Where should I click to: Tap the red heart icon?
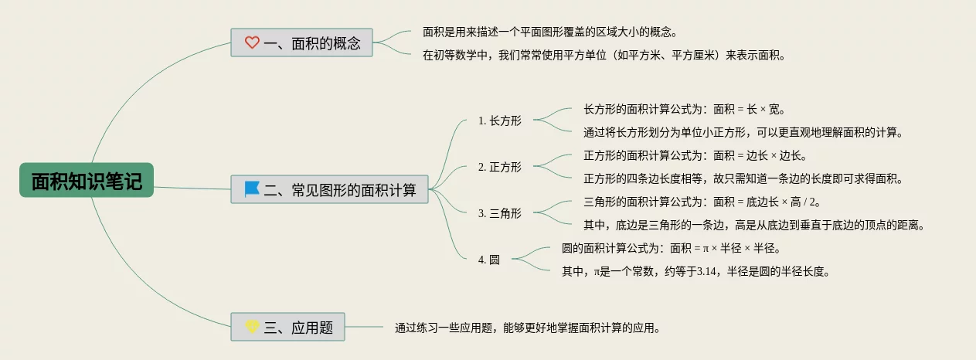[252, 42]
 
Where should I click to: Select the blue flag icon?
[252, 188]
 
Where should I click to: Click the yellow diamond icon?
[252, 327]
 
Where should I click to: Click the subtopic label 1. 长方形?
[500, 121]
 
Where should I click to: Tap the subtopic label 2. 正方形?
[500, 167]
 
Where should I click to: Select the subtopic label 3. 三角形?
[500, 213]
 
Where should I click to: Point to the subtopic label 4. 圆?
[489, 260]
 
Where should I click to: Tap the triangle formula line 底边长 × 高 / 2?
[701, 202]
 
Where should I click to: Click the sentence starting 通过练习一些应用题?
[528, 328]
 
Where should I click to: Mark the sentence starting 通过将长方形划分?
[743, 132]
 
